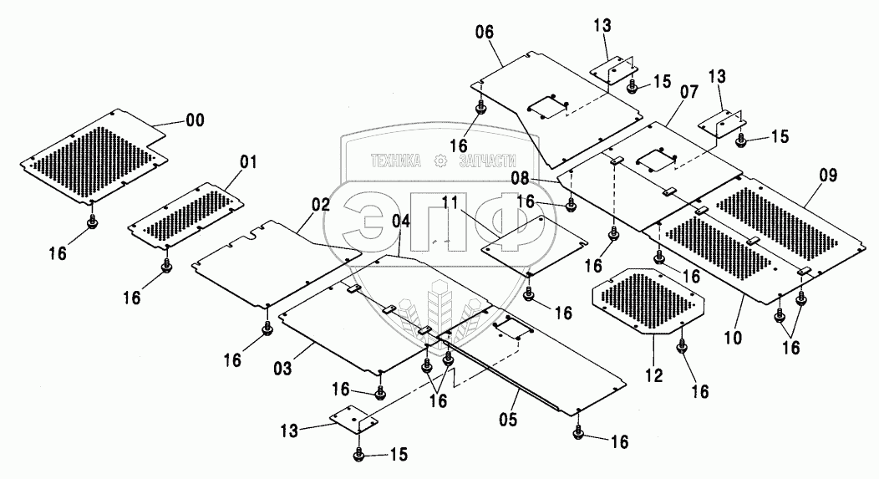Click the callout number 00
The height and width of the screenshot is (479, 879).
(194, 121)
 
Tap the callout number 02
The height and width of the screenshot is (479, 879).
(322, 204)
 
